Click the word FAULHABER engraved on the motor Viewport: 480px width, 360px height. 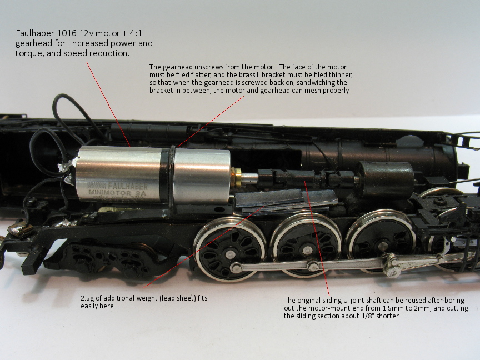pyautogui.click(x=128, y=186)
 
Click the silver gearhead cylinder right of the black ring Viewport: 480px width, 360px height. pyautogui.click(x=202, y=176)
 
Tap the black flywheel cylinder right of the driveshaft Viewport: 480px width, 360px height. pyautogui.click(x=386, y=180)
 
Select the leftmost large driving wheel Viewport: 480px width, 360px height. pyautogui.click(x=230, y=249)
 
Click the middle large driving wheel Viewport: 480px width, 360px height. pyautogui.click(x=306, y=245)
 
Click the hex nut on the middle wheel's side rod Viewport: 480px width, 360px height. pyautogui.click(x=313, y=265)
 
